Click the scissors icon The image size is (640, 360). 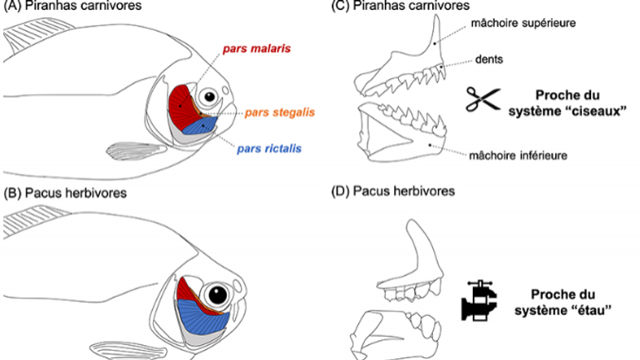480,100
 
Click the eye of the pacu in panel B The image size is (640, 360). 219,294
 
